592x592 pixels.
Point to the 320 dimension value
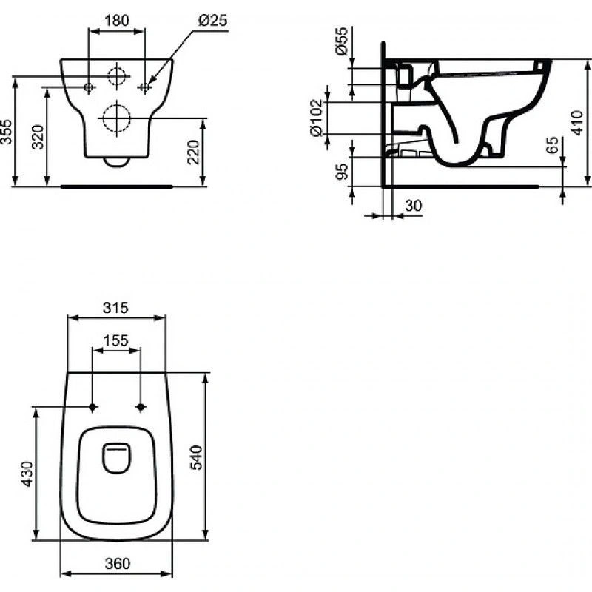point(39,137)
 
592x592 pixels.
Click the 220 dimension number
point(195,152)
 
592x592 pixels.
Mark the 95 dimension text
point(342,172)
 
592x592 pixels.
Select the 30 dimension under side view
point(414,206)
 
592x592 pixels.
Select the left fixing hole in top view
point(92,407)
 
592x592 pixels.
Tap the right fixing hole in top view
point(140,407)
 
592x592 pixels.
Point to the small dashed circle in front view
point(116,76)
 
